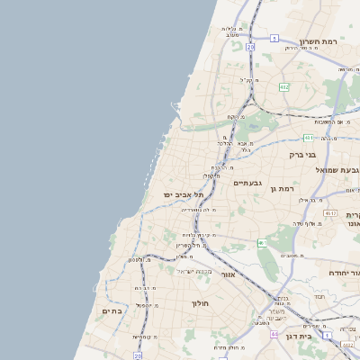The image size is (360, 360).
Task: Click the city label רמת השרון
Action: (318, 41)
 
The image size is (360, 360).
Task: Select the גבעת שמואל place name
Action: (337, 170)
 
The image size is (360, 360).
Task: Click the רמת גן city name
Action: (283, 188)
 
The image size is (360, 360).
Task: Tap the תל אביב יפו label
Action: (184, 194)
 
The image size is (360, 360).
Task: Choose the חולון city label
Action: (200, 303)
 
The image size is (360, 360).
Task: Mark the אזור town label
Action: (228, 274)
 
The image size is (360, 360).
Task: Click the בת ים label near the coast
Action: (112, 310)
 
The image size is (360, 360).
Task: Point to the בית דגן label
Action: (297, 336)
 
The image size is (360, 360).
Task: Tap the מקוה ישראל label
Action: (195, 272)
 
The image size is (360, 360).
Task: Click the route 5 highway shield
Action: (274, 39)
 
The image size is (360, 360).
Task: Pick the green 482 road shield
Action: (283, 86)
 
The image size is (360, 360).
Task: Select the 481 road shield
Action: (309, 138)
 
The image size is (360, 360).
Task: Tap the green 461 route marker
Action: (262, 244)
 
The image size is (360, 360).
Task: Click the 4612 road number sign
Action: (330, 213)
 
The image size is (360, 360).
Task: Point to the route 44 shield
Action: (274, 333)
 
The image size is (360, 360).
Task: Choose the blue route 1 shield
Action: (328, 336)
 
